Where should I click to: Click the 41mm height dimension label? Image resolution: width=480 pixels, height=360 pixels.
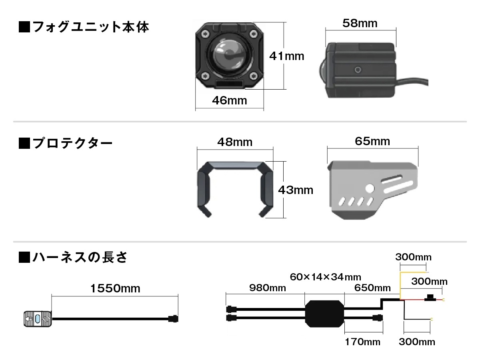(x=287, y=56)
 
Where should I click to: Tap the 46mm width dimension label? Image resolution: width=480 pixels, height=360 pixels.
(x=230, y=100)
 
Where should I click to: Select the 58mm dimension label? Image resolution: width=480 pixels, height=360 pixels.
(x=360, y=23)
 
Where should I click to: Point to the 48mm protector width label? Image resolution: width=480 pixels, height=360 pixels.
(x=235, y=142)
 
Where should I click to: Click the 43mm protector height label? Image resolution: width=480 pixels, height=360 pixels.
(x=296, y=190)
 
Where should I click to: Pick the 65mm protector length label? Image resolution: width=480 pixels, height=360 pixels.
(x=372, y=141)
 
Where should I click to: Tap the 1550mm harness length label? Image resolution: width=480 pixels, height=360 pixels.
(x=115, y=288)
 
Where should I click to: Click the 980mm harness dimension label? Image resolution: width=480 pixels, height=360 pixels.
(x=268, y=288)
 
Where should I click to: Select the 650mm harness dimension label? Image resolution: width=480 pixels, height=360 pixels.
(x=373, y=288)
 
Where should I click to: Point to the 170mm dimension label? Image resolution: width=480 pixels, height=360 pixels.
(x=362, y=342)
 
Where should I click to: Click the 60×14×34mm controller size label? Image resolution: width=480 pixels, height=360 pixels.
(x=326, y=277)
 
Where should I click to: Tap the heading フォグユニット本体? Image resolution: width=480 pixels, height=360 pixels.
(x=84, y=27)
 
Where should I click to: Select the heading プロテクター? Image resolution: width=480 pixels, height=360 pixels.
(x=66, y=143)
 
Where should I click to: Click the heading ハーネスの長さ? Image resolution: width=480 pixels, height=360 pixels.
(x=73, y=257)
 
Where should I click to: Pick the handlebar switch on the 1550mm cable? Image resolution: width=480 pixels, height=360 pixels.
(x=38, y=319)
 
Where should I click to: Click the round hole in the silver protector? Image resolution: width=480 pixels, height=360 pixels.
(x=370, y=188)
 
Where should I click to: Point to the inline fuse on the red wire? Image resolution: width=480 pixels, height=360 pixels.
(x=430, y=298)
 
